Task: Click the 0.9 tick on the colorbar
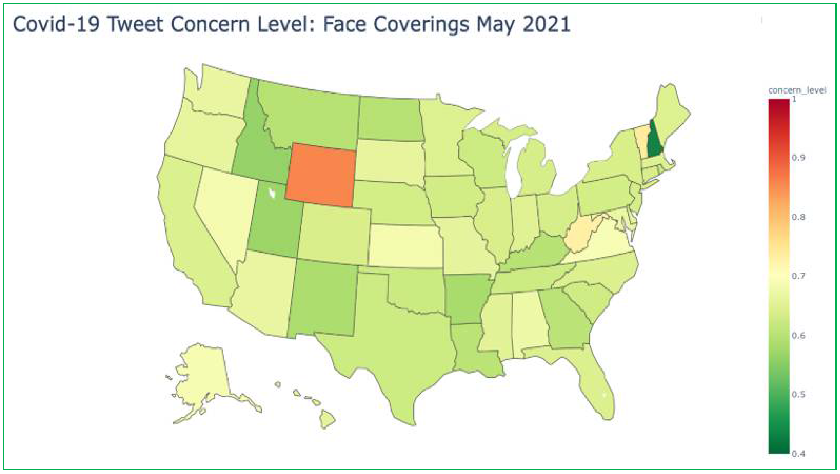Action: tap(798, 158)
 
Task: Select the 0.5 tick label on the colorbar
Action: tap(798, 394)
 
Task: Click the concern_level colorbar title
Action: tap(797, 90)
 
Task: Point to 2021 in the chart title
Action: tap(546, 24)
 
